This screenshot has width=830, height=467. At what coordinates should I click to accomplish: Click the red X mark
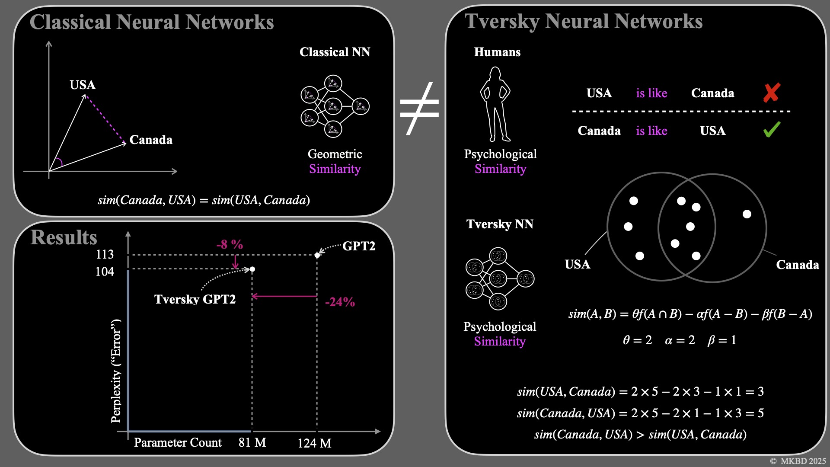[x=772, y=93]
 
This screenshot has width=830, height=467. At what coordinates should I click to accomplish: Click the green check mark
[x=772, y=129]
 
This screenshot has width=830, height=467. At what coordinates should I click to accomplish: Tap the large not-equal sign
[x=419, y=108]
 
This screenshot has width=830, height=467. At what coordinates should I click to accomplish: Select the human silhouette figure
[x=495, y=104]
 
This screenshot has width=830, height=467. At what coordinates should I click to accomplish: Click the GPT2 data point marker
[x=317, y=255]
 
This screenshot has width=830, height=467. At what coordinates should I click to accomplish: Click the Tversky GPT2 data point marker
[x=252, y=269]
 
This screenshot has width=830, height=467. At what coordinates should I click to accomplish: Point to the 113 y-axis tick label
[x=105, y=254]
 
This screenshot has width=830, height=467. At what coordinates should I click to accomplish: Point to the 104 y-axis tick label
[x=105, y=272]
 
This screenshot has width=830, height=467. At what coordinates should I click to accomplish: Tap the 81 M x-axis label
[x=252, y=443]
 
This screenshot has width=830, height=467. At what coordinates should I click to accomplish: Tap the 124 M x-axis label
[x=314, y=443]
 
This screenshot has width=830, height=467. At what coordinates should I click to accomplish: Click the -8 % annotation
[x=230, y=245]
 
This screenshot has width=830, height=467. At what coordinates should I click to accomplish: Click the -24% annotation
[x=340, y=302]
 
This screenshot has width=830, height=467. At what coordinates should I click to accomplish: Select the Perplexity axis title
[x=116, y=371]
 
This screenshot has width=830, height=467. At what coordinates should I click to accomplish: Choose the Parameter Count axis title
[x=178, y=443]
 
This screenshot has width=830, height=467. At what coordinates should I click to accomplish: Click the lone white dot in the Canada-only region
[x=747, y=214]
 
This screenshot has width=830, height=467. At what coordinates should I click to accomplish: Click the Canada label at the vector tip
[x=151, y=140]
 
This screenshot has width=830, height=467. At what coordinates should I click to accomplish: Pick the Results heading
[x=64, y=237]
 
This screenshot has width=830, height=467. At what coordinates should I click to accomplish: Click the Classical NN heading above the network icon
[x=335, y=52]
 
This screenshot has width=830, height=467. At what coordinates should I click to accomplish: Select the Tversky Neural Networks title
[x=584, y=21]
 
